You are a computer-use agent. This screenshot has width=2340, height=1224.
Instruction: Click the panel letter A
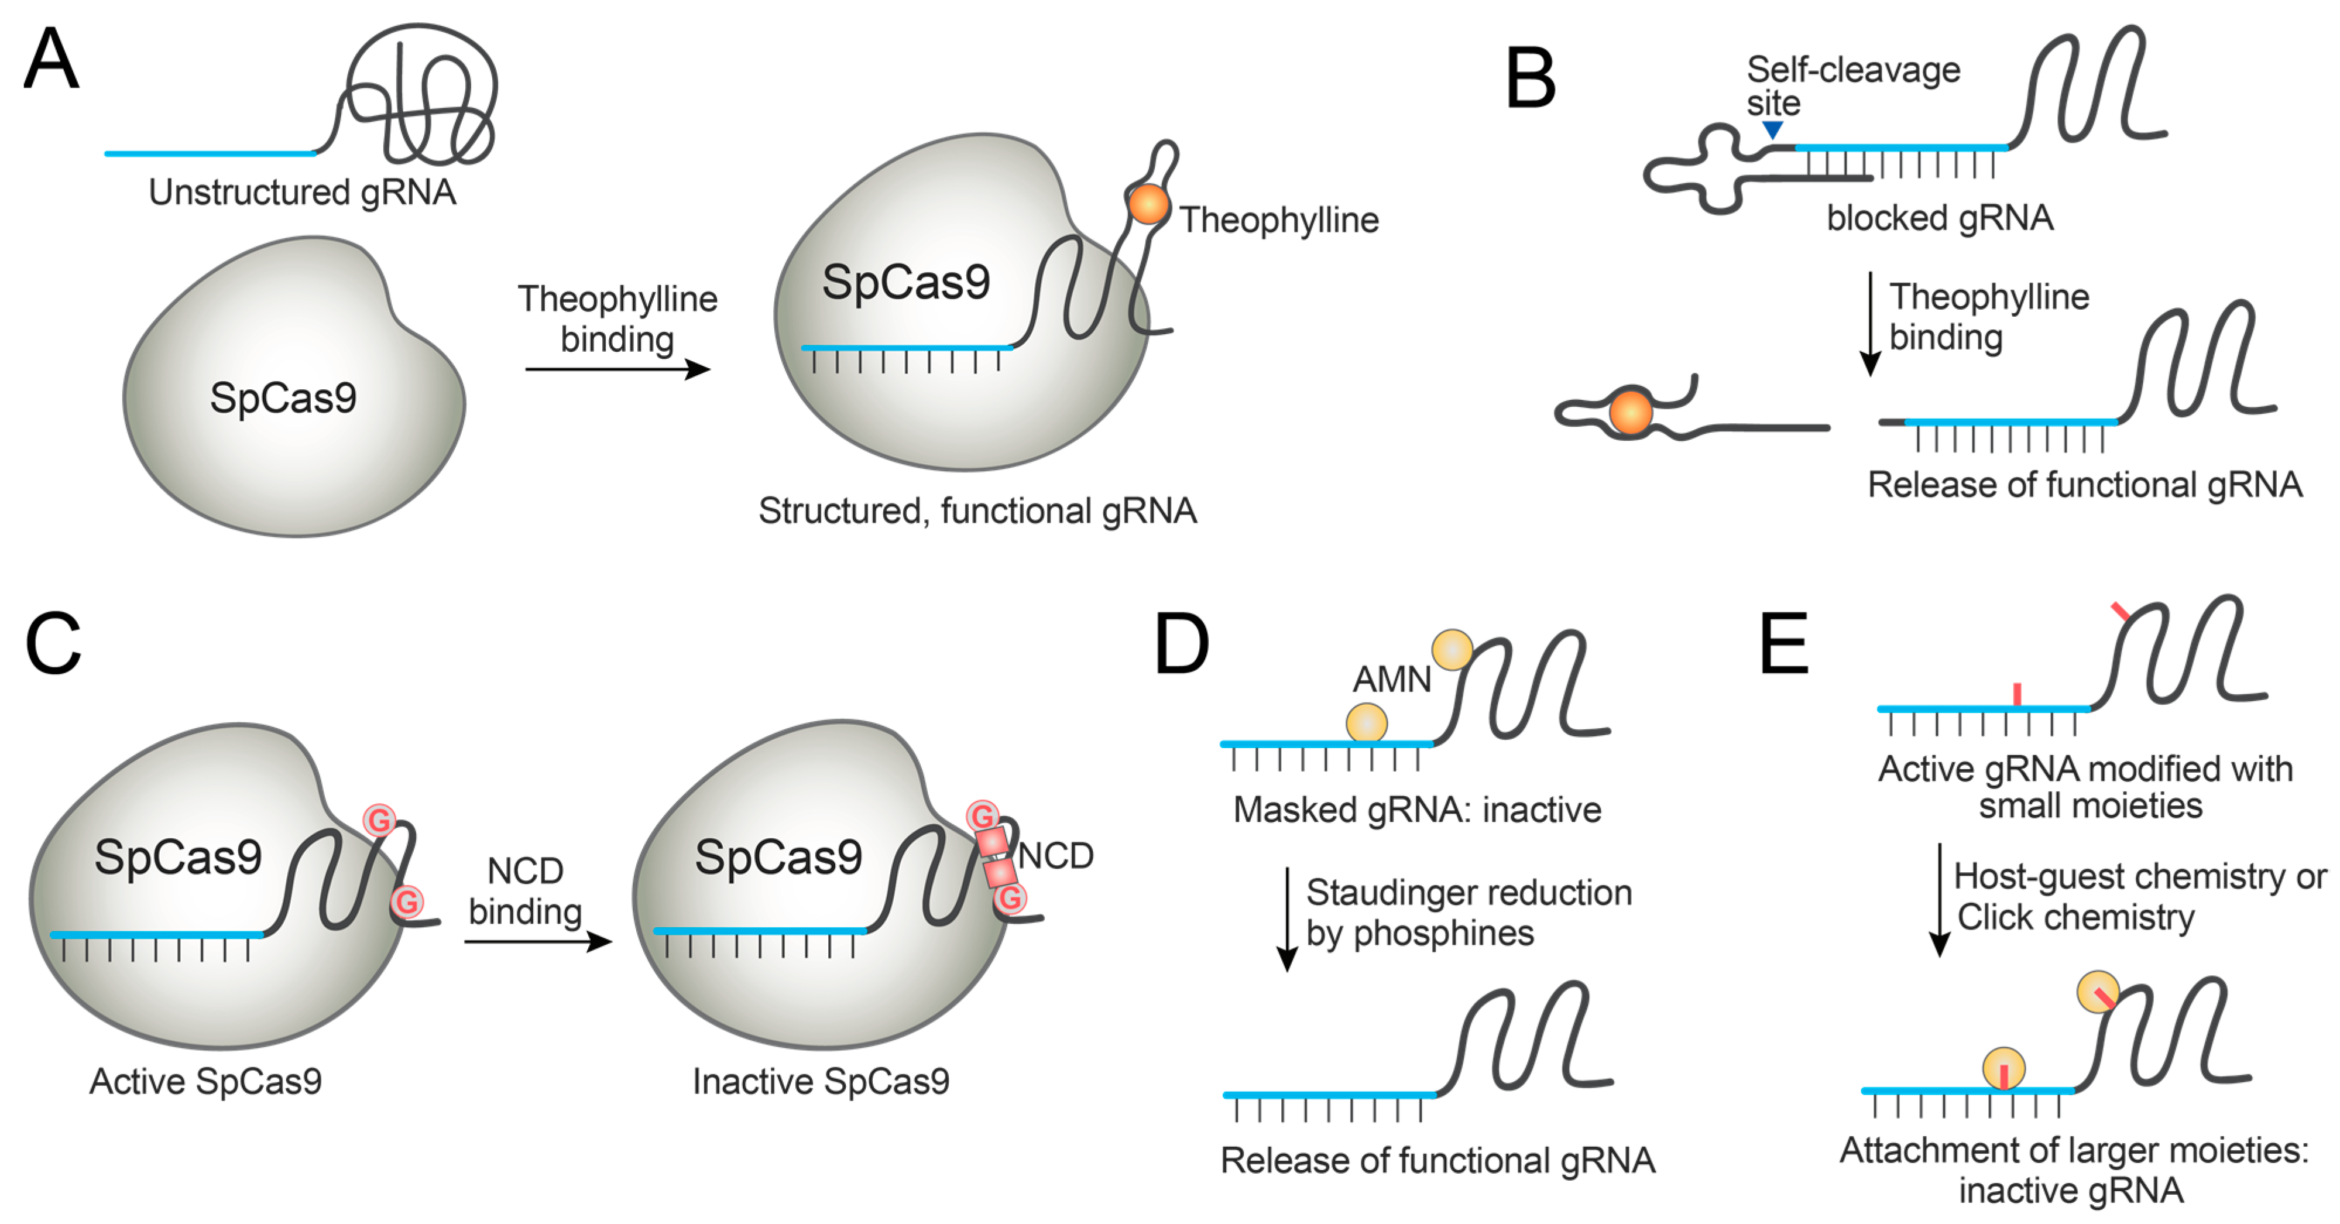click(51, 59)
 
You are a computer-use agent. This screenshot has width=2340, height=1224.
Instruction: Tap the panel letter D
click(1181, 644)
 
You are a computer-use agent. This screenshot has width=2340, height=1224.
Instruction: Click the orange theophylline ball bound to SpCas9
click(1148, 204)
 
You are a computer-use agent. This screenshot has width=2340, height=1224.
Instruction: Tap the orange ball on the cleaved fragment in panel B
click(1631, 413)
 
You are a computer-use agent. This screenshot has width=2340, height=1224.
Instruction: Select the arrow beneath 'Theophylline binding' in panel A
click(617, 369)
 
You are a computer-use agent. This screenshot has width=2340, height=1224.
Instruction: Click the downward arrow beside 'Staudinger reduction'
click(1286, 918)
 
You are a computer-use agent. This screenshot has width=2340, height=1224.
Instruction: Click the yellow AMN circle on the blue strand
click(1366, 724)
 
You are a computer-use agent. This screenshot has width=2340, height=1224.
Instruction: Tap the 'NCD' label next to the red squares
click(1055, 856)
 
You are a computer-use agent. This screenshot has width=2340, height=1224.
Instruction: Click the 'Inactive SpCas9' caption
click(820, 1081)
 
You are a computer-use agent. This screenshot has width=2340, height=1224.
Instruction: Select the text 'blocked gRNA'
click(1940, 218)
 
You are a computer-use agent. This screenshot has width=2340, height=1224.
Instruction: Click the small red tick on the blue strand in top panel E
click(2016, 694)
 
